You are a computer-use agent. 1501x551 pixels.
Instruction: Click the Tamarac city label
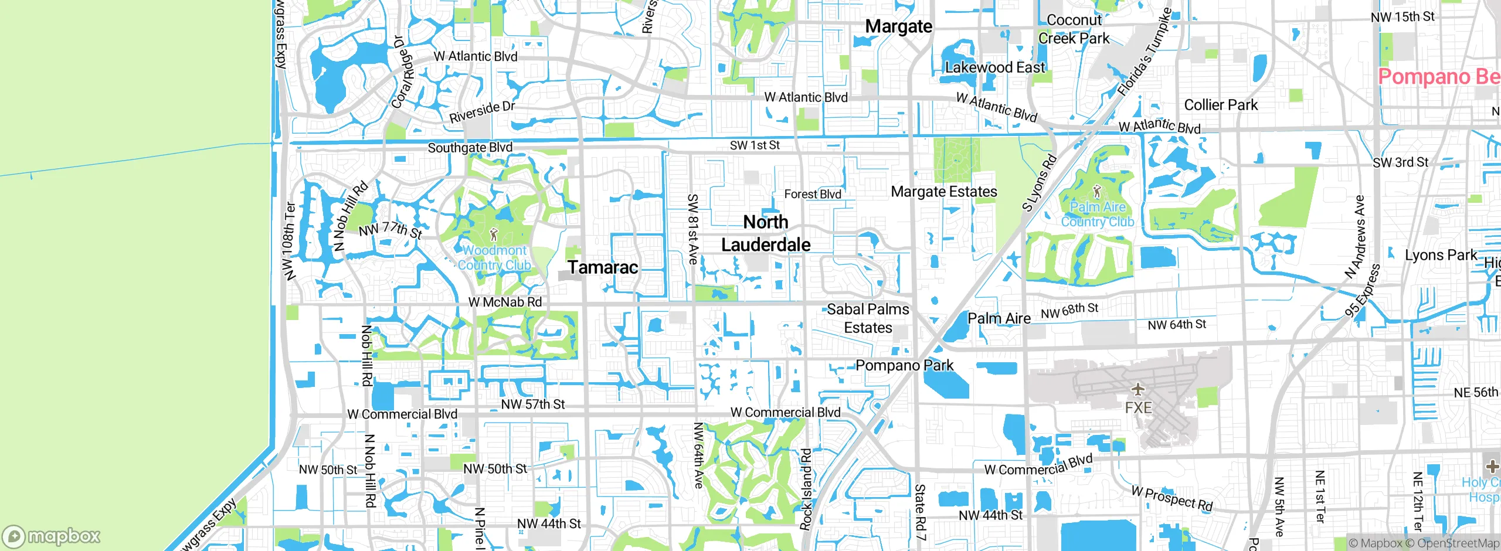tap(603, 267)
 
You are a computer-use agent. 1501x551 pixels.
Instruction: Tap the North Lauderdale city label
tap(766, 233)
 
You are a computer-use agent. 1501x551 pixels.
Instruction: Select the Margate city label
tap(898, 26)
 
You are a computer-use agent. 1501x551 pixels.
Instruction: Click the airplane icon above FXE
tap(1137, 389)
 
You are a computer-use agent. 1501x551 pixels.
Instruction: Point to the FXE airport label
tap(1138, 407)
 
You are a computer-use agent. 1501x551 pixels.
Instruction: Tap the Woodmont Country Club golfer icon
tap(493, 235)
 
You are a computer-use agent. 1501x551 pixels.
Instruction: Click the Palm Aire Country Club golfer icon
tap(1097, 191)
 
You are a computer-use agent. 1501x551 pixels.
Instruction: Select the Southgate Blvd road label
tap(470, 147)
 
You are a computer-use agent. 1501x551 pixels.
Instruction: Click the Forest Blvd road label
tap(813, 194)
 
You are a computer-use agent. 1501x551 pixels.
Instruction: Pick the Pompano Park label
tap(904, 366)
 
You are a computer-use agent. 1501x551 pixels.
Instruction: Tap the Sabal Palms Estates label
tap(868, 318)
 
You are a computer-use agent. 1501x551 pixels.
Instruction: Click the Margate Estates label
tap(943, 192)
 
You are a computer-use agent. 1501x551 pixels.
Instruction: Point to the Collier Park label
tap(1221, 105)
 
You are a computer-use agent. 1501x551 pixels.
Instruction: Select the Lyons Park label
tap(1441, 255)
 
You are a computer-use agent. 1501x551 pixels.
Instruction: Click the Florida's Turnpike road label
tap(1144, 53)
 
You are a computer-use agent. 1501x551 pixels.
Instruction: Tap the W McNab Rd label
tap(505, 302)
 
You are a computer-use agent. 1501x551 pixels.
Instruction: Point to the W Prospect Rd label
tap(1171, 498)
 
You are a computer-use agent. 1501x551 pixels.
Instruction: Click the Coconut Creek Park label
tap(1074, 29)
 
